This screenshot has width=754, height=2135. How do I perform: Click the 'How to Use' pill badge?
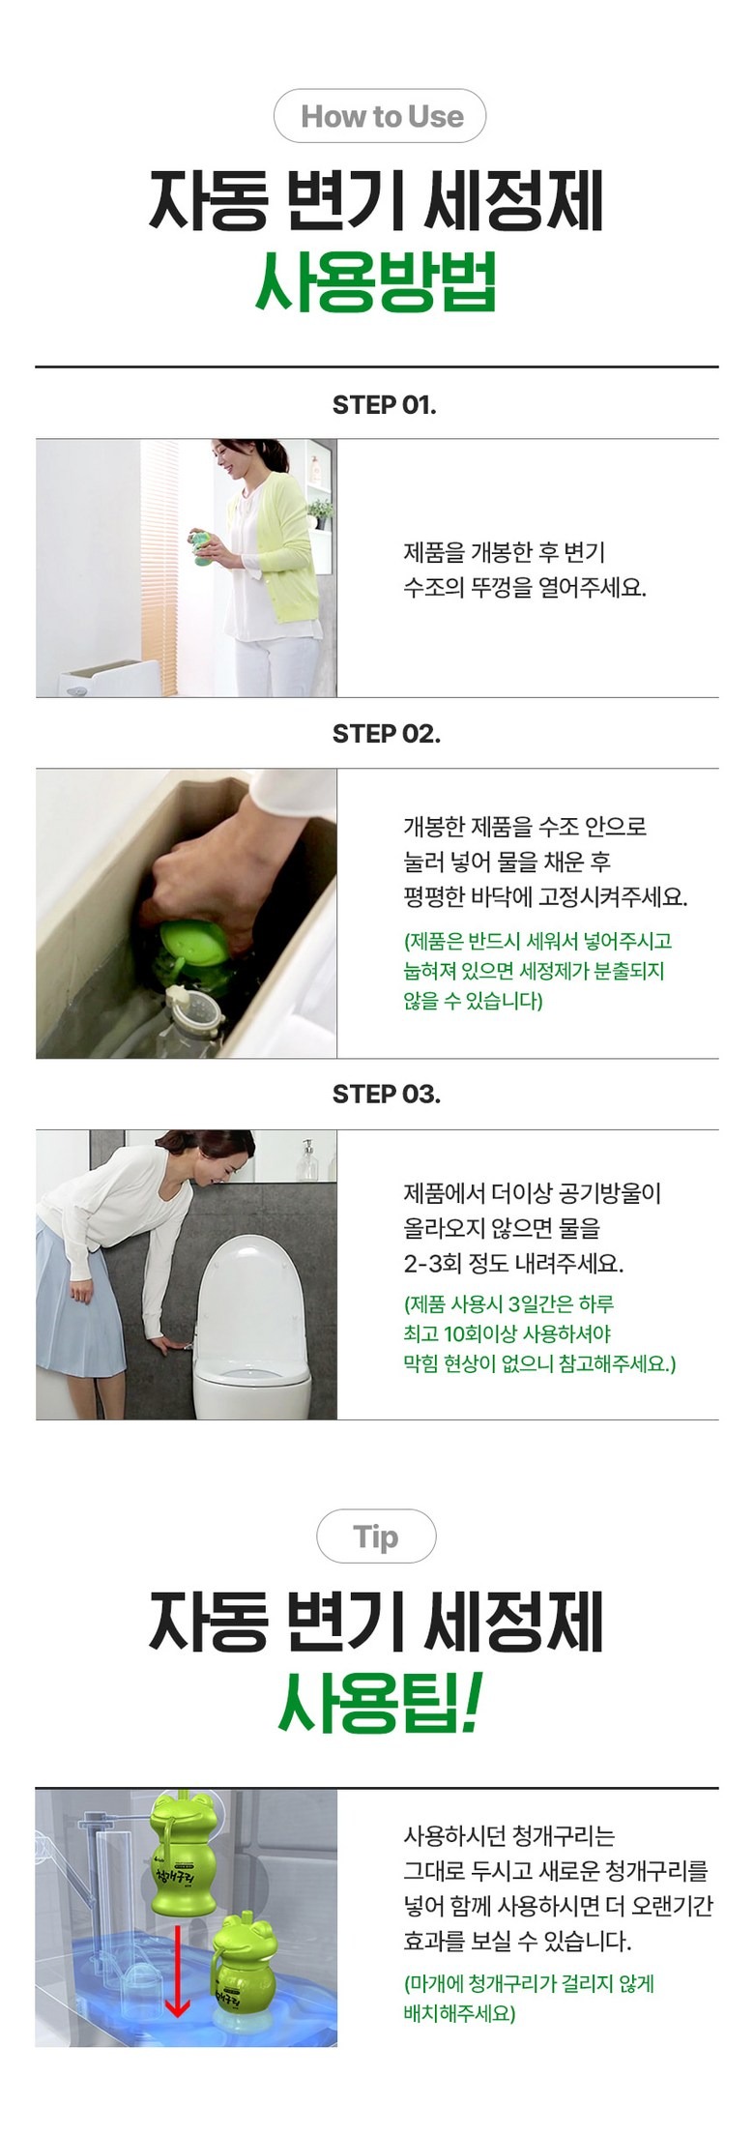[380, 116]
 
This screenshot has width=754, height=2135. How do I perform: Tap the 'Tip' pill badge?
[376, 1535]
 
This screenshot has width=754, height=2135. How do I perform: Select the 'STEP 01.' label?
[384, 405]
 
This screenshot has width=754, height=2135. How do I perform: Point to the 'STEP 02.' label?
[386, 734]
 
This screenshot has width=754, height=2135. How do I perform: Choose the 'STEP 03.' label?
[386, 1095]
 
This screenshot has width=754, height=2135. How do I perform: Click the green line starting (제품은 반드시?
[537, 940]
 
